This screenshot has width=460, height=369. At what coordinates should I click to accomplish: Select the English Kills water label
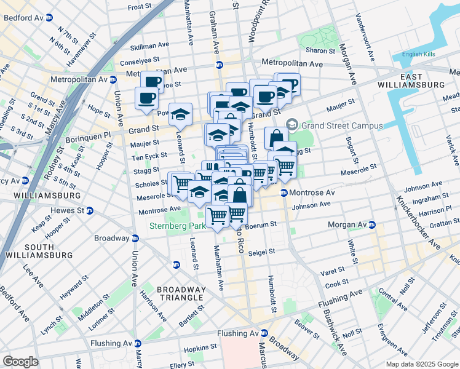(418, 55)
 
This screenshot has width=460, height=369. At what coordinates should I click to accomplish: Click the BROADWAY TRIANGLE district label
(181, 293)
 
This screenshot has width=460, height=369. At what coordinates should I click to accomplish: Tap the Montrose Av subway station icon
(284, 193)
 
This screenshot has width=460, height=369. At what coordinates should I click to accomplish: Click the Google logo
(20, 362)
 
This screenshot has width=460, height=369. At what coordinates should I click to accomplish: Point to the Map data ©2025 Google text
(421, 364)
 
